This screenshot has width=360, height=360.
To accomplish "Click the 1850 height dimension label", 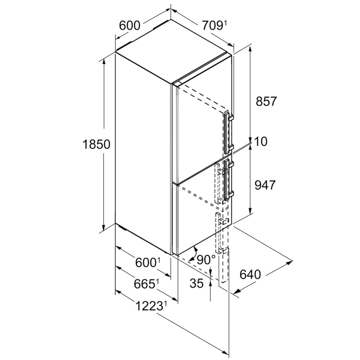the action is (x=96, y=144).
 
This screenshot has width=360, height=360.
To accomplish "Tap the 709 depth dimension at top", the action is (x=212, y=26).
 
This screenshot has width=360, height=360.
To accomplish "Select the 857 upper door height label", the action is (x=266, y=101).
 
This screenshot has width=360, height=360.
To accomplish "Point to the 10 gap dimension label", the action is (x=261, y=141).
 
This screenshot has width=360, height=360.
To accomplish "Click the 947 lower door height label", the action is (x=265, y=185).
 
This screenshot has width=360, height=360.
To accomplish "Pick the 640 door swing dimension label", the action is (x=250, y=275).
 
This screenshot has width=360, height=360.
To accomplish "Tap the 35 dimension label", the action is (x=197, y=283).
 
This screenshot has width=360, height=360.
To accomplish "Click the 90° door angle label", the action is (x=206, y=260).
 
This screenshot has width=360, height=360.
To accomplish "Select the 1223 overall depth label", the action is (x=149, y=306).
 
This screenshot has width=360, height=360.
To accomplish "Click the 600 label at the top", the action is (x=130, y=26).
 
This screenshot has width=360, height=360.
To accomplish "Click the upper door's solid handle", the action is (x=229, y=133).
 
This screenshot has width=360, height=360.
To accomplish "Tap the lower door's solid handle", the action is (x=229, y=179).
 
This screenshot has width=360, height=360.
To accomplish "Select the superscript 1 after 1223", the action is (x=165, y=304).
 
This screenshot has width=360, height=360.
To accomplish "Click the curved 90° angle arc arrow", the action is (x=193, y=254).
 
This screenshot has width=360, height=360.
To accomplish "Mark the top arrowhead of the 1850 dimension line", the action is (x=104, y=62).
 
